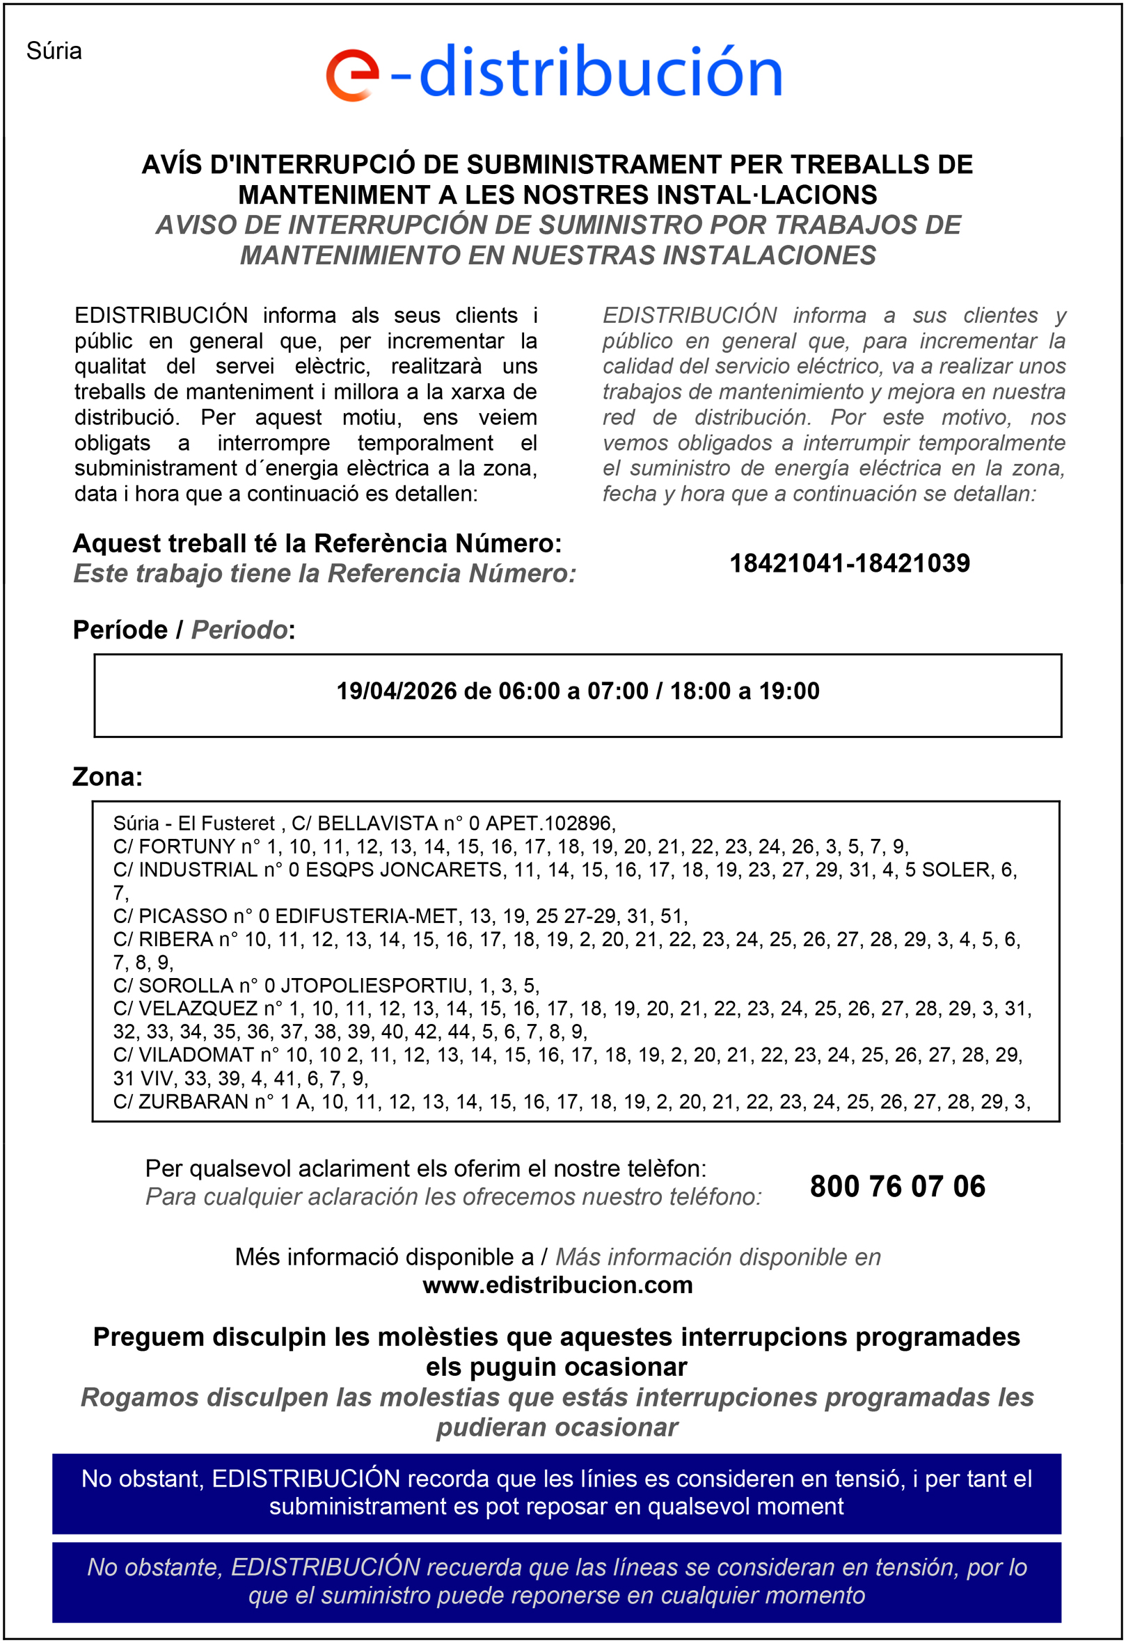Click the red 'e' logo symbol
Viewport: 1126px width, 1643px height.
[351, 75]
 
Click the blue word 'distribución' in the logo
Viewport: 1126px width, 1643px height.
[601, 72]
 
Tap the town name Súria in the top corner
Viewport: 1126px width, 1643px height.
[54, 51]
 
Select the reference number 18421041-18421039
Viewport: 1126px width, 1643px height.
[850, 563]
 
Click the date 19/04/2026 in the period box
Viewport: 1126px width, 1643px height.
[396, 691]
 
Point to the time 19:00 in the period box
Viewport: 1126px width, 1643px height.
[789, 691]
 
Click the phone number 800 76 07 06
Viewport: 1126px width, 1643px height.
[897, 1186]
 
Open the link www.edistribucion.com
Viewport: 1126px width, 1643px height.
[557, 1285]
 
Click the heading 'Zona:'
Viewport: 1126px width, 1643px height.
[107, 777]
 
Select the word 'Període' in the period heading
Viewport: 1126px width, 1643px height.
[120, 630]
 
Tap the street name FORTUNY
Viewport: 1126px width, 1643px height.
[187, 847]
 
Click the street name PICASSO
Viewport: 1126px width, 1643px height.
[182, 916]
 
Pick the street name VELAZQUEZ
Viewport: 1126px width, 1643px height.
[198, 1008]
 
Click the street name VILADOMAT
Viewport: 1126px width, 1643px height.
[196, 1055]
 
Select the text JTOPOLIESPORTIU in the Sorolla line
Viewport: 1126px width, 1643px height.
[375, 986]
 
